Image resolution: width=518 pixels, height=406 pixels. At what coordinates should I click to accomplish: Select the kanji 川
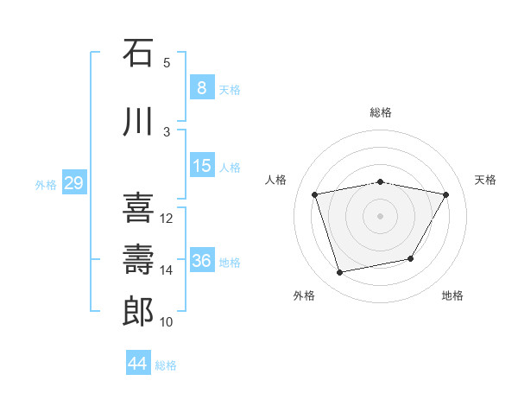(138, 122)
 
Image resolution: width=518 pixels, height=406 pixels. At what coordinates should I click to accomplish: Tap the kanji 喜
(138, 208)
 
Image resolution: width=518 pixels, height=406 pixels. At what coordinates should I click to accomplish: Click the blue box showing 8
(201, 88)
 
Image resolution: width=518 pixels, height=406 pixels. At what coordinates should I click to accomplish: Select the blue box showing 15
(201, 166)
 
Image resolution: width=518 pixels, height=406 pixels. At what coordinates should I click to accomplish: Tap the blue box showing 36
(202, 261)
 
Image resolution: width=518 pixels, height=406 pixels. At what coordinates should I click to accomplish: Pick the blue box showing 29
(73, 183)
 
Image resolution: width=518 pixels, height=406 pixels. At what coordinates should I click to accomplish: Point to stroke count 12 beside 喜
(167, 219)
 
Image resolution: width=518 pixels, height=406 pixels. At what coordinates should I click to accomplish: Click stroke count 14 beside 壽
(167, 270)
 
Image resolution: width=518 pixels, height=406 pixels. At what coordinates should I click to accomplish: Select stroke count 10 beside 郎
(167, 322)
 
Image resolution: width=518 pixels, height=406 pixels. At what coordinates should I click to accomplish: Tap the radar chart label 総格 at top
(381, 112)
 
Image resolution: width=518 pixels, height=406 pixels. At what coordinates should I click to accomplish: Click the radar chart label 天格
(485, 180)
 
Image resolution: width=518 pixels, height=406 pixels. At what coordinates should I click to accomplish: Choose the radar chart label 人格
(276, 180)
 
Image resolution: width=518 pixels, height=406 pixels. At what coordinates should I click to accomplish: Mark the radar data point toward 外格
(340, 273)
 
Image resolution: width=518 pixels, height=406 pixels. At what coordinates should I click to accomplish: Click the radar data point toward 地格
(411, 258)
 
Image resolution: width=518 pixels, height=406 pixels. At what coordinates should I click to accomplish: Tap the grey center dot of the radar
(381, 215)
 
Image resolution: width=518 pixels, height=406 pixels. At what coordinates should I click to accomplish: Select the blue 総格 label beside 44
(166, 365)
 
